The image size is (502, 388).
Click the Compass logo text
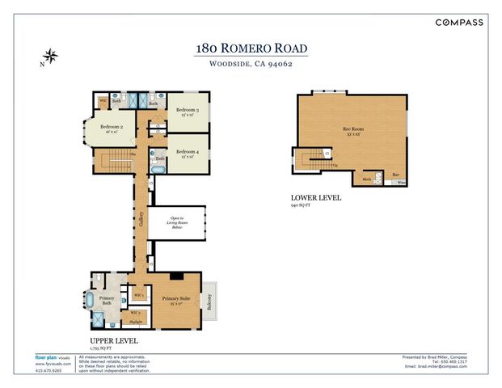coord(459,22)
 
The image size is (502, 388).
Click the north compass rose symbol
coord(51,57)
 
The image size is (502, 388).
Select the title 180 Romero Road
coord(251,48)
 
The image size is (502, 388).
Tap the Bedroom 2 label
coord(112,127)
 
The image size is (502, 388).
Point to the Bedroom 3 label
coord(188,109)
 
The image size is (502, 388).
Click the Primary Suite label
coord(175,298)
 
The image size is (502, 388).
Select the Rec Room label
coord(351,129)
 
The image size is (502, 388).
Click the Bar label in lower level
coord(396,175)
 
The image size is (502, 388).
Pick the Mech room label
coord(366,179)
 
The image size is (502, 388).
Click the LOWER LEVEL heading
coord(315,198)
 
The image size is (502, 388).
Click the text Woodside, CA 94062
coord(251,65)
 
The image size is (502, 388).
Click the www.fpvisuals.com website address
coord(53,365)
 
